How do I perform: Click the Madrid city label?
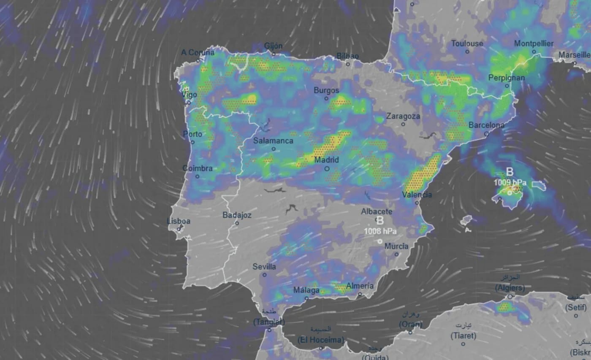tap(326, 160)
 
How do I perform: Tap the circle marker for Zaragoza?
tap(403, 124)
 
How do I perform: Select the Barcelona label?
tap(486, 125)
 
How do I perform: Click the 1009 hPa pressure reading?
tap(511, 183)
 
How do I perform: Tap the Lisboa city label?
tap(179, 221)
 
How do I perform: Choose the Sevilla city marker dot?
tap(265, 275)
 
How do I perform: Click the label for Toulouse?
tap(467, 44)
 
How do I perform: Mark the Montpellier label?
tap(534, 44)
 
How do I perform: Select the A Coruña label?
tap(198, 53)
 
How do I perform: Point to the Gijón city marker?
tap(274, 54)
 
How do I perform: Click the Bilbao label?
tap(347, 56)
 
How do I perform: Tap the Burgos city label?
tap(326, 90)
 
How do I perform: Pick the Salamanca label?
tap(273, 141)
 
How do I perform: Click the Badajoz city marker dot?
tap(237, 223)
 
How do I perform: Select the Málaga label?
tap(307, 290)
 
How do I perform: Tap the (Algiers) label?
tap(510, 288)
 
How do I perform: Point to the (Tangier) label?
tap(269, 322)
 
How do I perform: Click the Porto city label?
tap(192, 134)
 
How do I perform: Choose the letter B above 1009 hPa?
tap(510, 172)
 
